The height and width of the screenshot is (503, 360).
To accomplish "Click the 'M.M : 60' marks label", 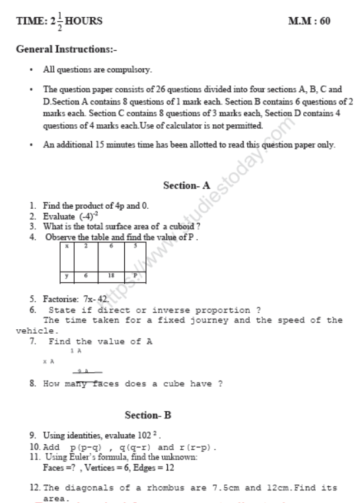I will click(x=310, y=21).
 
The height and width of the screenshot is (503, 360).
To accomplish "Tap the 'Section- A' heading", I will click(x=181, y=186).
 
